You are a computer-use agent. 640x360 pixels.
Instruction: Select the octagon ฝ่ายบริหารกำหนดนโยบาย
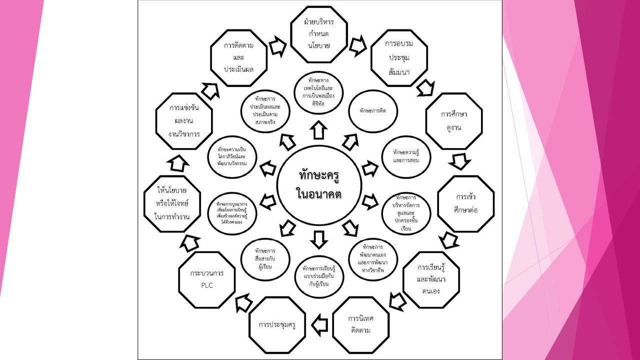pos(319,34)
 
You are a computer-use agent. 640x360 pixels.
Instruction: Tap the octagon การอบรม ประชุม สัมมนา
pos(399,57)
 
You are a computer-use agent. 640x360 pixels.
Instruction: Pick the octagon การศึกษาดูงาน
pos(453,120)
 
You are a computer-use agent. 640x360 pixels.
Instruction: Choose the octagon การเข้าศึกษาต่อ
pos(466,203)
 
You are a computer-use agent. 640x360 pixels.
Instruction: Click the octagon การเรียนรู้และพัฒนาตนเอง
pos(431,279)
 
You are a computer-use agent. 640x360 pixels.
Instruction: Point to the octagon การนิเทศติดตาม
pos(360,324)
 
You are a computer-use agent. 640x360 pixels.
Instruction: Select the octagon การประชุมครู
pos(277,324)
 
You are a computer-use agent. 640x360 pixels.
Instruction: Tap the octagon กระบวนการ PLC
pos(207,279)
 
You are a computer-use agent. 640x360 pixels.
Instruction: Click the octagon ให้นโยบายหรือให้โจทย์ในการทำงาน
pos(172,203)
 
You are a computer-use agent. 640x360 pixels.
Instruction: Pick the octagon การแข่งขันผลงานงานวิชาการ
pos(184,121)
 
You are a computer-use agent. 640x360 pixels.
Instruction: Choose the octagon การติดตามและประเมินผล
pos(238,57)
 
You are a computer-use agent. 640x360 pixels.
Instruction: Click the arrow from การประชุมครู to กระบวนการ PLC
pos(244,303)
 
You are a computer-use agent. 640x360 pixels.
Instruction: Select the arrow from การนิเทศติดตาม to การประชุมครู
pos(319,324)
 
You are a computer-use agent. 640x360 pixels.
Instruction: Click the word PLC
pos(206,285)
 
